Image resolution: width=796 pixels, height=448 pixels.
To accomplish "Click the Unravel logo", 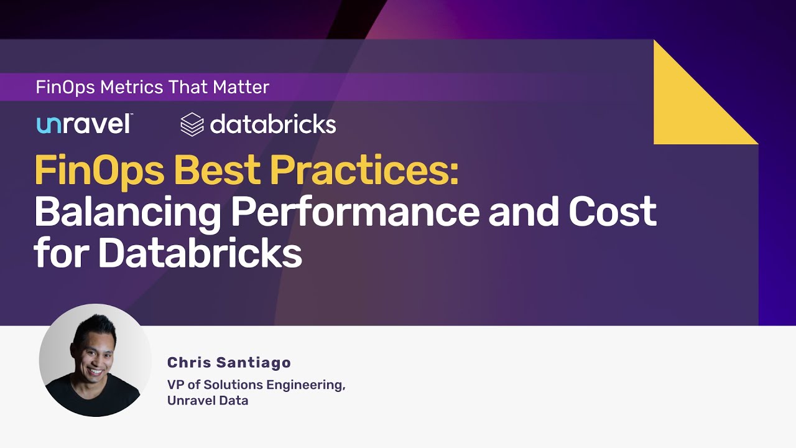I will (x=84, y=124).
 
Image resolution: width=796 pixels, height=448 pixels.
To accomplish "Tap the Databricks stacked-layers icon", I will (x=192, y=124).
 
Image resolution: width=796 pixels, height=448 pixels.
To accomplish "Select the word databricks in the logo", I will (x=273, y=124).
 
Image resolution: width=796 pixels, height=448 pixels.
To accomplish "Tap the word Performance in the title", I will (x=355, y=212).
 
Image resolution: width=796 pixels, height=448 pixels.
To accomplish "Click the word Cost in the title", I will (x=613, y=212).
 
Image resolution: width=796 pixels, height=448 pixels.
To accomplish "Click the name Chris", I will (x=188, y=363).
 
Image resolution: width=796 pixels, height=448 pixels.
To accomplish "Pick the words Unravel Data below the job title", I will (x=208, y=401).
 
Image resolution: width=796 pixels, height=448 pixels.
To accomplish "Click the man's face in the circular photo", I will (x=95, y=352).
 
